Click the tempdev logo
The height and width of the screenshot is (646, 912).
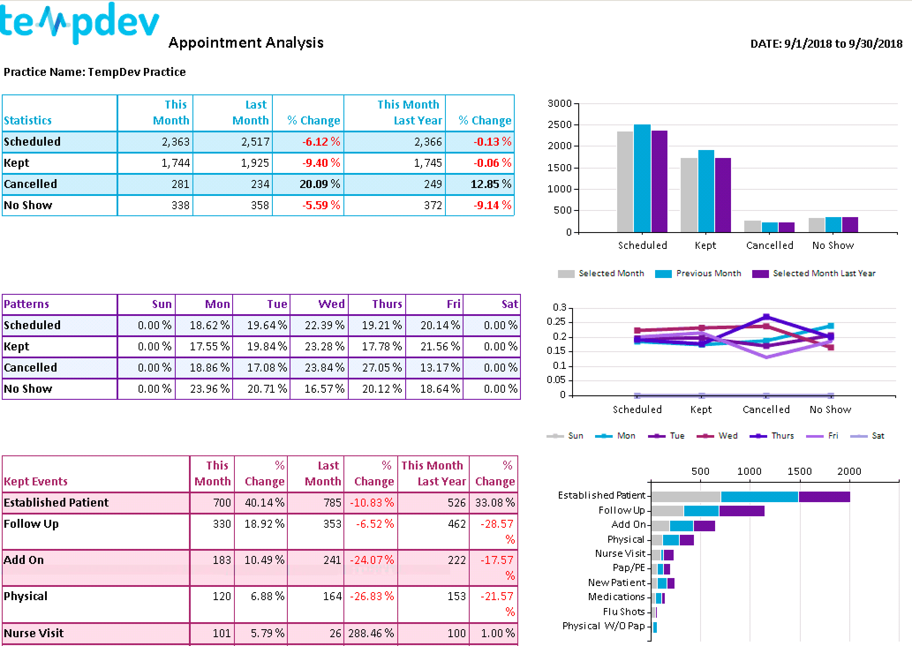point(79,23)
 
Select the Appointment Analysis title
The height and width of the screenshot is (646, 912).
point(246,43)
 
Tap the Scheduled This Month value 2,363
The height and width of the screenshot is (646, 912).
point(175,142)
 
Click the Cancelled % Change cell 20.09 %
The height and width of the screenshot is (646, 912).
point(320,184)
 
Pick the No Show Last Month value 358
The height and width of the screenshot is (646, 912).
point(260,205)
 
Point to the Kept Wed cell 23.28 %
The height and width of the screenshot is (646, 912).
point(324,346)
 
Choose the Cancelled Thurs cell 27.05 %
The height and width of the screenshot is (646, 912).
point(381,368)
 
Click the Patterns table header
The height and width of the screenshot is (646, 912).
point(26,304)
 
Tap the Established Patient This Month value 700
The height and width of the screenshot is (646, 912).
point(222,503)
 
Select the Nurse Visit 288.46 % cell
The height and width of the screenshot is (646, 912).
point(371,633)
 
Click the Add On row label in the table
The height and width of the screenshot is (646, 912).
point(24,560)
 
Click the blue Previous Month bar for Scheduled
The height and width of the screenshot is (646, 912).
point(642,178)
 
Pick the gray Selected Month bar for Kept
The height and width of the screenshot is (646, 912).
point(689,195)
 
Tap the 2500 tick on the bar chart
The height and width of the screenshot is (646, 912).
point(559,125)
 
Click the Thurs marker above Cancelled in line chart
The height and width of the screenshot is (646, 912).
point(766,317)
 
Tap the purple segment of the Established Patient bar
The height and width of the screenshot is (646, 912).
point(824,497)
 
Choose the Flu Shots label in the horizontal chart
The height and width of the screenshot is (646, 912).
point(624,612)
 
